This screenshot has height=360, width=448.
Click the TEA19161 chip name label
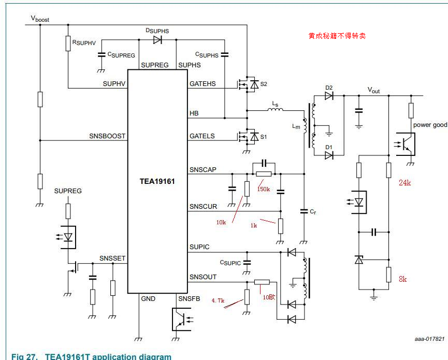(x=157, y=182)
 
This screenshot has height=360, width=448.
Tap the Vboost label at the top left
(x=40, y=18)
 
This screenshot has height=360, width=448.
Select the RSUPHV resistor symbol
(x=68, y=44)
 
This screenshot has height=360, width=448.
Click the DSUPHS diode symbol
(x=157, y=40)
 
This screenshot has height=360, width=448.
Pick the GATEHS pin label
(x=204, y=84)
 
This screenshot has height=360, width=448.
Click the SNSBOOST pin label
(x=107, y=136)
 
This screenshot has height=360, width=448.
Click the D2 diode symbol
(x=329, y=95)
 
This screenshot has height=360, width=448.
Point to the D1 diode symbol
(x=329, y=154)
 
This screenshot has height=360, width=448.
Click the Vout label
(x=373, y=90)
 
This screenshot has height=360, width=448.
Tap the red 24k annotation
(x=404, y=183)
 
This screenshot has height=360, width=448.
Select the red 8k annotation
(x=402, y=279)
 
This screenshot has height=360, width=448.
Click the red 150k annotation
(x=264, y=189)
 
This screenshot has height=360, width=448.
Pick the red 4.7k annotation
(x=218, y=300)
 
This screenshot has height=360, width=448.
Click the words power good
(x=430, y=125)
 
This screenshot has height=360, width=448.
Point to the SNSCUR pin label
(x=203, y=207)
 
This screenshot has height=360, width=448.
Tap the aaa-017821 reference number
(x=429, y=339)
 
